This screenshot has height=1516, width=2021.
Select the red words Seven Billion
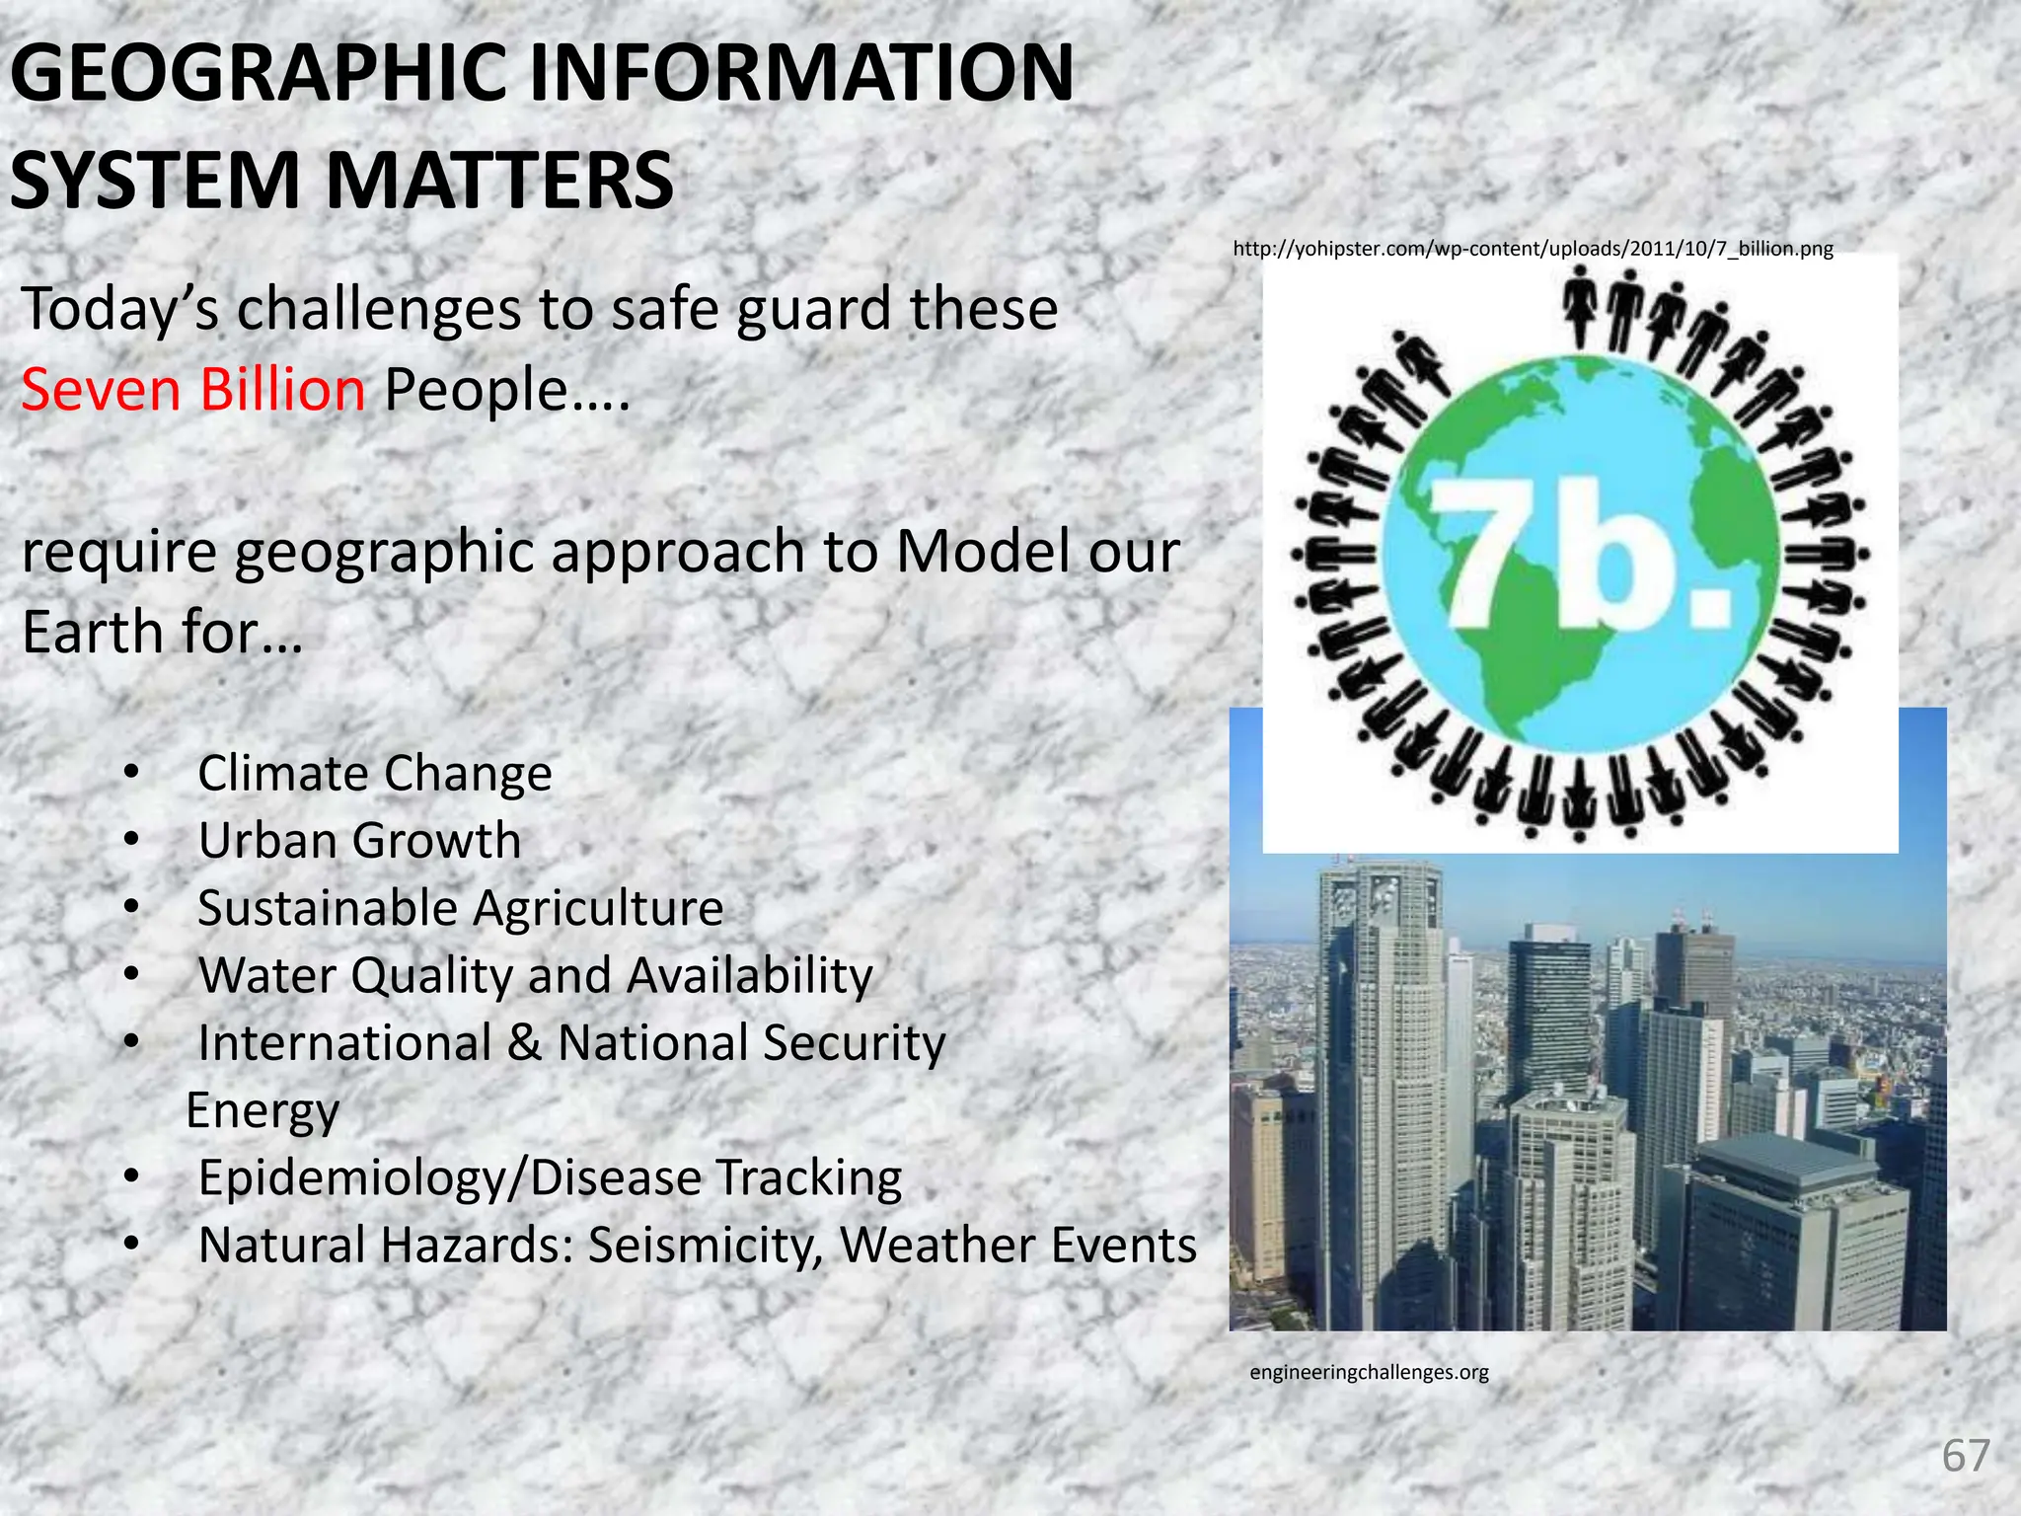click(193, 390)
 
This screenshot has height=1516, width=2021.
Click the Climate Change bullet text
click(375, 773)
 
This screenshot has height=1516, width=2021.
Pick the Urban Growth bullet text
click(359, 841)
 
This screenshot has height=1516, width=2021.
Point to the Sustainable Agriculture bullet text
click(461, 908)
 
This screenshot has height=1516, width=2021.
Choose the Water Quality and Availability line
click(536, 976)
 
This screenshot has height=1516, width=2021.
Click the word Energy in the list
click(262, 1110)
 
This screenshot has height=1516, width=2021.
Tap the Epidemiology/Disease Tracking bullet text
click(550, 1177)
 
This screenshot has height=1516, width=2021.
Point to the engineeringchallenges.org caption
click(1369, 1372)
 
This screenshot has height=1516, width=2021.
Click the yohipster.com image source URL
click(1533, 249)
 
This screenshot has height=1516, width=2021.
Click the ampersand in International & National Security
click(524, 1043)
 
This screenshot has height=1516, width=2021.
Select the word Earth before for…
click(93, 632)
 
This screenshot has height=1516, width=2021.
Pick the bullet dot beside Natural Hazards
click(131, 1245)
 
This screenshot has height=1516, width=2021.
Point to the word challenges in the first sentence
click(379, 309)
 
